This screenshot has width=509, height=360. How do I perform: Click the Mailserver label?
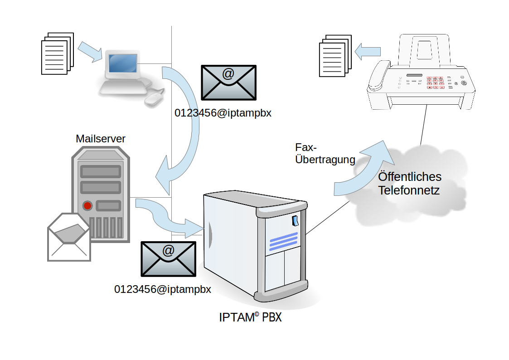[x=101, y=139]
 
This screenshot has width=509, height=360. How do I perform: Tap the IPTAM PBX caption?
[x=250, y=317]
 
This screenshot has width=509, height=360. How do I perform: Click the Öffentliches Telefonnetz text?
[x=409, y=183]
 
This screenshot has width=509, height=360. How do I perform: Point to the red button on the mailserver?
[x=87, y=206]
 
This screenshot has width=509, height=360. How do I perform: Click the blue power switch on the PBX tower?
[x=295, y=221]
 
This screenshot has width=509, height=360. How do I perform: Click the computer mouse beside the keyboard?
[x=154, y=99]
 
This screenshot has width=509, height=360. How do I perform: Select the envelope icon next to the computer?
[x=228, y=82]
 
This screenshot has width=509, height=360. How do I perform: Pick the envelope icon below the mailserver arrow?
[x=168, y=258]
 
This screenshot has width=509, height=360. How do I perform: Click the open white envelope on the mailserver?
[x=69, y=237]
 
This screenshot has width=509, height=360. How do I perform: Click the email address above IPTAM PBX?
[x=163, y=289]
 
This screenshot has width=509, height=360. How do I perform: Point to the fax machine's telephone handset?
[x=379, y=75]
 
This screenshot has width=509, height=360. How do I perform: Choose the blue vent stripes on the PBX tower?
[x=284, y=242]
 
